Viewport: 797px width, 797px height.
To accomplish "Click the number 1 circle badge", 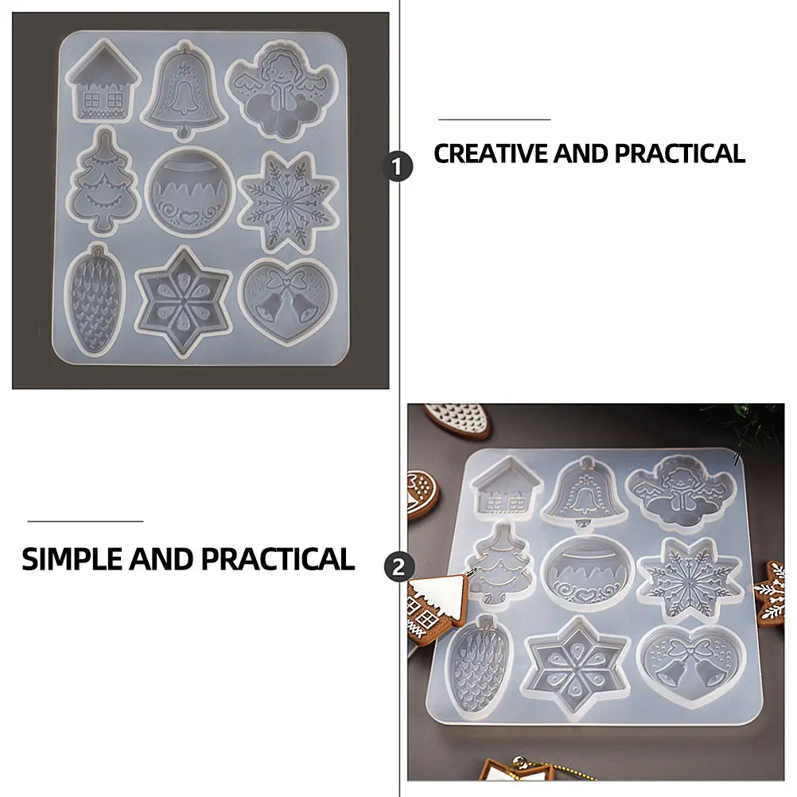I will coord(398,168).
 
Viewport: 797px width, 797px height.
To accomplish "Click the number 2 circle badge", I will coord(398,568).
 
